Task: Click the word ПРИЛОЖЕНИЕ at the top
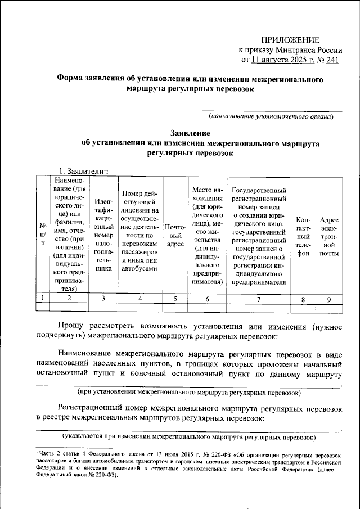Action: (291, 39)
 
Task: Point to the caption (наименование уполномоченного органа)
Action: (271, 116)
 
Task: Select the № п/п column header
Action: (42, 234)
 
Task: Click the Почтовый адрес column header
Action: (175, 234)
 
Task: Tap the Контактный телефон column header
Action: (303, 234)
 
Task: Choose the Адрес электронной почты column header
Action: (328, 234)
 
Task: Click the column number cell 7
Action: (258, 299)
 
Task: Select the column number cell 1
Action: (42, 299)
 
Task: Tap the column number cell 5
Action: (175, 299)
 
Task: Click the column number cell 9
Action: (328, 299)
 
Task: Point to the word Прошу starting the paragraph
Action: (72, 325)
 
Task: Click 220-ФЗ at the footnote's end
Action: (103, 474)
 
